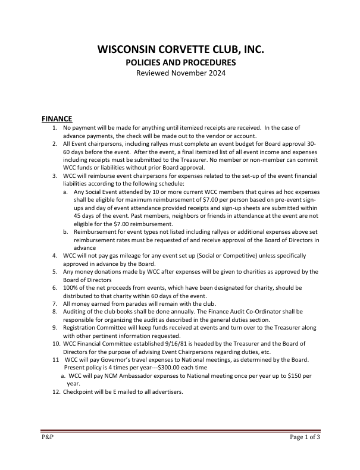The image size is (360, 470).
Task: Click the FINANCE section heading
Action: click(x=57, y=119)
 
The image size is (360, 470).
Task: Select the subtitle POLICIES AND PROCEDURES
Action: click(x=180, y=62)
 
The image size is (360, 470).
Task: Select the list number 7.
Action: click(x=54, y=303)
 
